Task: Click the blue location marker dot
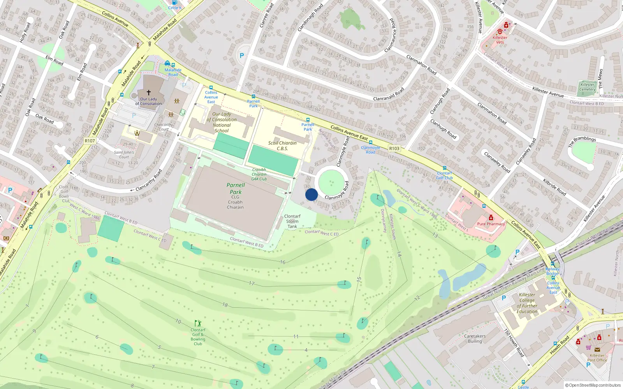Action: (311, 194)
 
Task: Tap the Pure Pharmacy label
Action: (491, 224)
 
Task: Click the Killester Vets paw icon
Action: (500, 31)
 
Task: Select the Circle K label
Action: (175, 8)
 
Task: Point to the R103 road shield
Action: (394, 148)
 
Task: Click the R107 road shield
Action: (90, 141)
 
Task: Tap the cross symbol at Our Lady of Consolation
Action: (148, 93)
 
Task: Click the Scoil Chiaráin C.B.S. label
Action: (282, 145)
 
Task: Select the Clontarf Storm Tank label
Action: (292, 221)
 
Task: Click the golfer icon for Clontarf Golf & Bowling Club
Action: (198, 323)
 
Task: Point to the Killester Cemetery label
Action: (587, 87)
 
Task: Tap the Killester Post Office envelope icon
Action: (597, 350)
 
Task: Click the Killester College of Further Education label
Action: (527, 303)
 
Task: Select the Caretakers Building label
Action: (475, 338)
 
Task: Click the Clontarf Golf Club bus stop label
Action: (444, 175)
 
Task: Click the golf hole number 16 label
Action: (283, 262)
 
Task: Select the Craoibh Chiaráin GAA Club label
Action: (259, 174)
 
